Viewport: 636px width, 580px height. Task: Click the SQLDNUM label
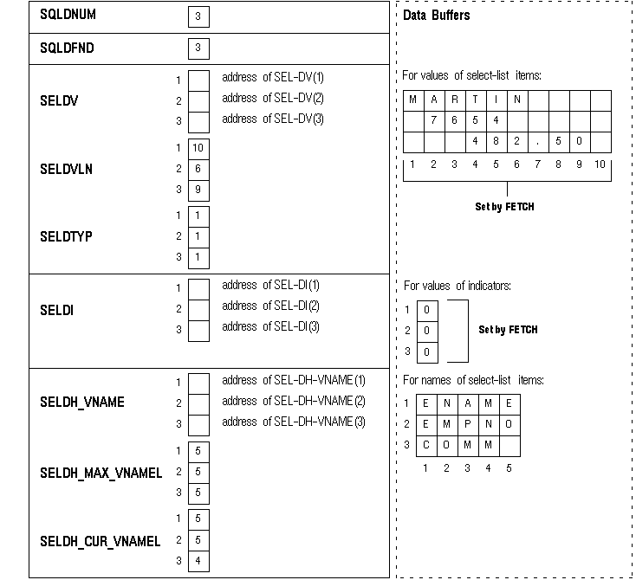[x=68, y=16]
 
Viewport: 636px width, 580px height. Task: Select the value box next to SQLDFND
[x=198, y=48]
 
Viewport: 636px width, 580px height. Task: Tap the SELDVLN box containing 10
[x=198, y=148]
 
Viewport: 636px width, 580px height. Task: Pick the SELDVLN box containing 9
[x=198, y=190]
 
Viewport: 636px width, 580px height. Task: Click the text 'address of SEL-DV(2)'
[x=273, y=98]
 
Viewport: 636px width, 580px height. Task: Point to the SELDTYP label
[x=66, y=236]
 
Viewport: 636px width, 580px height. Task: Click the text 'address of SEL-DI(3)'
[x=271, y=326]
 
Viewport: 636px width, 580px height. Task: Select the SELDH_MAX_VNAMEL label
[x=101, y=474]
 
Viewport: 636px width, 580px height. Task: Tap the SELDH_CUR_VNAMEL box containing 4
[x=198, y=562]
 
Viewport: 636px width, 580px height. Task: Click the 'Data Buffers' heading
[x=437, y=16]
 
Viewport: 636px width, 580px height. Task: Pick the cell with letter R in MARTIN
[x=455, y=100]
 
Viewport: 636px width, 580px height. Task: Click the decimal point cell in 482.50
[x=538, y=141]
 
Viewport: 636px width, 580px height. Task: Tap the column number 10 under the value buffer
[x=600, y=164]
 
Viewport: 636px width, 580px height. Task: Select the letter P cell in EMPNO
[x=468, y=424]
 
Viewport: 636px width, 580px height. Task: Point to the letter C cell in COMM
[x=426, y=445]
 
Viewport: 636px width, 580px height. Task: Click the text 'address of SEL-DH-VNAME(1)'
[x=294, y=380]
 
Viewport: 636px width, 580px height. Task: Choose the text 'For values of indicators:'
[x=458, y=286]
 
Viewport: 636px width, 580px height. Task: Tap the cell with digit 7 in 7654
[x=434, y=120]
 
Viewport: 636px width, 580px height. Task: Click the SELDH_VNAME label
[x=82, y=403]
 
